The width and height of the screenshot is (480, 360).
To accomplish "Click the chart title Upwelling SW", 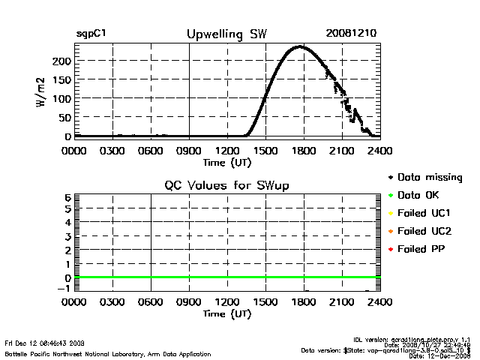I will [x=226, y=34].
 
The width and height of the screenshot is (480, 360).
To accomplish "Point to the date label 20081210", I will [x=351, y=34].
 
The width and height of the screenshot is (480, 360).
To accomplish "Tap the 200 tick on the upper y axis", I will [x=62, y=60].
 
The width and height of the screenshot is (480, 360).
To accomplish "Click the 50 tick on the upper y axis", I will [x=64, y=118].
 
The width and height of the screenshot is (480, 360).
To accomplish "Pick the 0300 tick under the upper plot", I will [x=112, y=150].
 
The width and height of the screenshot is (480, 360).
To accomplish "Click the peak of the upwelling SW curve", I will [x=300, y=46].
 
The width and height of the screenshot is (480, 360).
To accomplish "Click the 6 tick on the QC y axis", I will [x=67, y=197].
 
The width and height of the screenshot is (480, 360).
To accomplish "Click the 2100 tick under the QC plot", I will [x=342, y=302].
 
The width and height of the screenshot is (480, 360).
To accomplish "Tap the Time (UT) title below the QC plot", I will [x=226, y=313].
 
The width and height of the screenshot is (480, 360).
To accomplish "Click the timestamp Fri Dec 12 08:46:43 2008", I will [x=44, y=342].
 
